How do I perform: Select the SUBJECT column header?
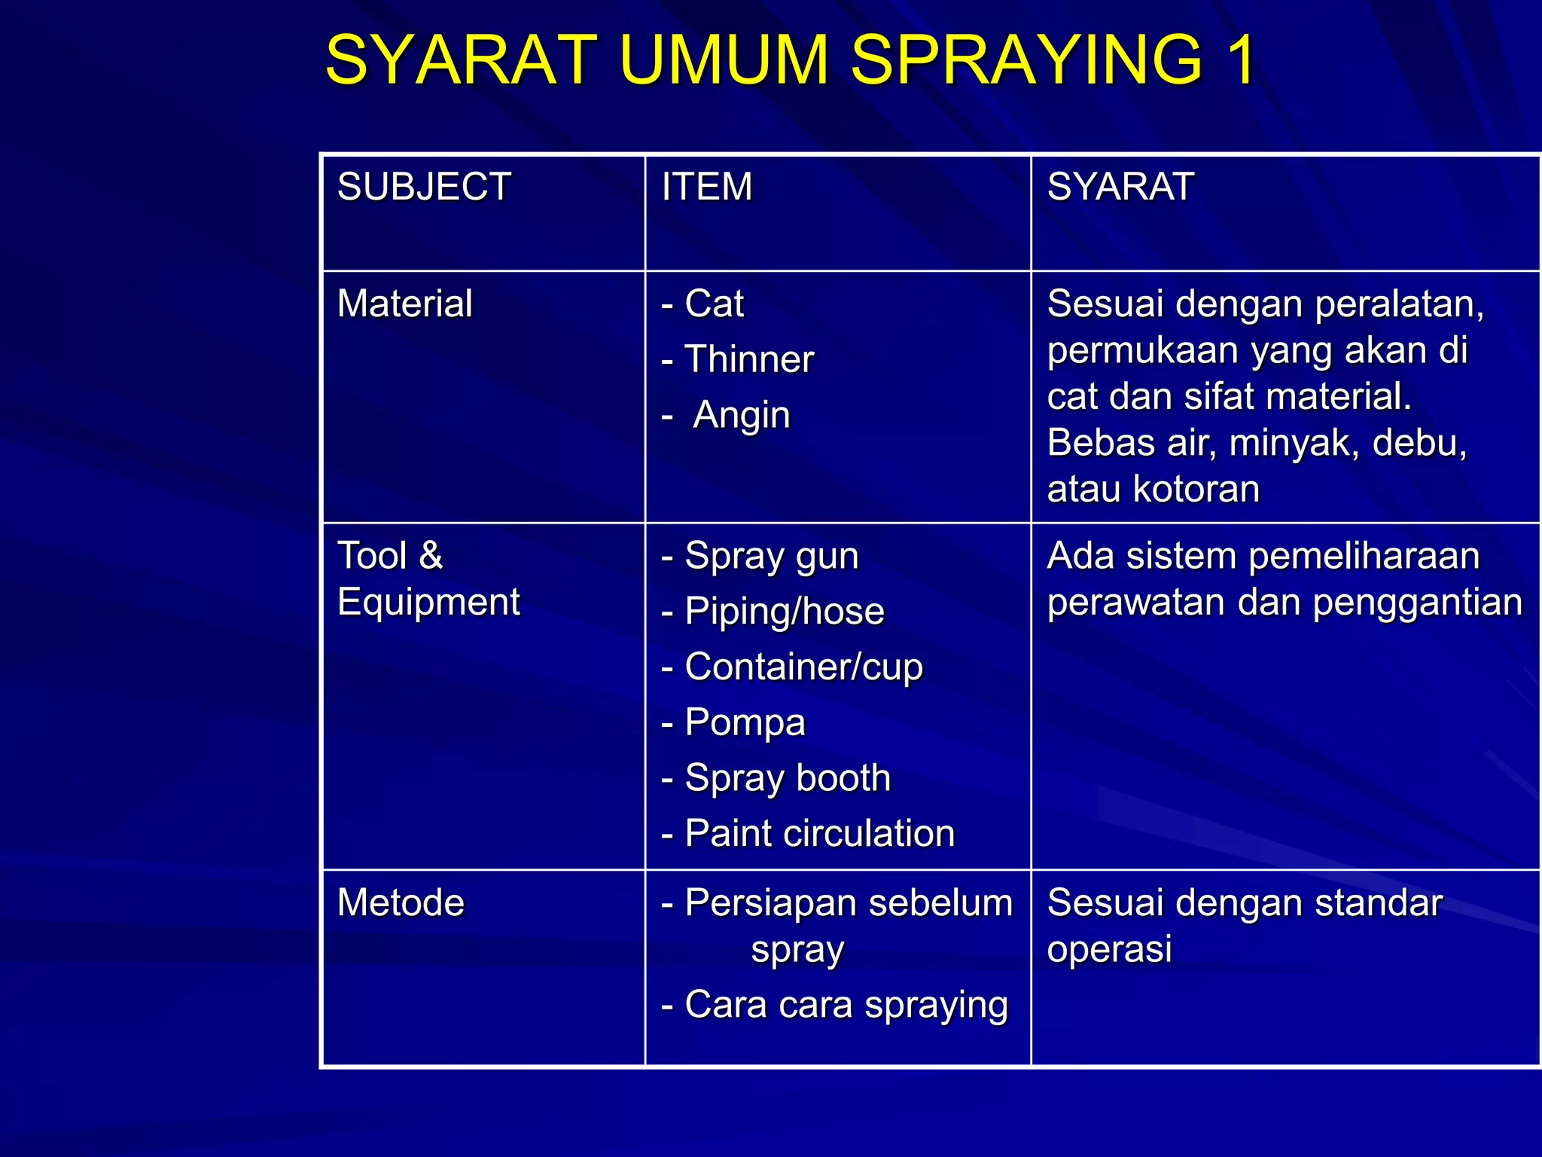[424, 187]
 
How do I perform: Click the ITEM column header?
[706, 187]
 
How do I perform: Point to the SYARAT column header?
[1120, 187]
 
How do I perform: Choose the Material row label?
[405, 304]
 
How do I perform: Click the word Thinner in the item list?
[749, 359]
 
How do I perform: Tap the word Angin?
[742, 415]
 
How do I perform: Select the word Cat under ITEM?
[714, 304]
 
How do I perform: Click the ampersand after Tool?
[431, 556]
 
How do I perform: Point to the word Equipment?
[428, 602]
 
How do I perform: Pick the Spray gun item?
[771, 557]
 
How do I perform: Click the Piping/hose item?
[784, 612]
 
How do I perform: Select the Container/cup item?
[803, 667]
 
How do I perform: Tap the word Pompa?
[745, 722]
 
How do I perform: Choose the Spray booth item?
[788, 778]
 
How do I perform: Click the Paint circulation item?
[819, 834]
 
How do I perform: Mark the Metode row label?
[401, 903]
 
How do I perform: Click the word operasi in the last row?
[1109, 949]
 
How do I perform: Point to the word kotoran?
[1196, 490]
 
